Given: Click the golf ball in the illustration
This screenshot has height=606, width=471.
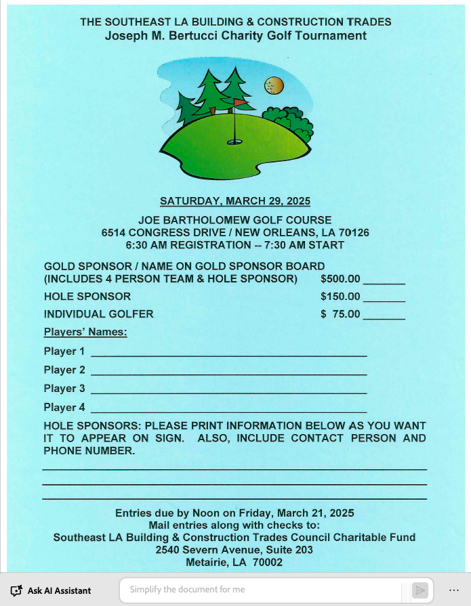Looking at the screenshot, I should tap(273, 86).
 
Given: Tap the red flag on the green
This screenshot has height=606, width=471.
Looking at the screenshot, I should tap(240, 103).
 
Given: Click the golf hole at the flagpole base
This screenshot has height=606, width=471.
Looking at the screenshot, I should tap(234, 142).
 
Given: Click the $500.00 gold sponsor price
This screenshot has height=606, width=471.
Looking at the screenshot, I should tap(340, 278).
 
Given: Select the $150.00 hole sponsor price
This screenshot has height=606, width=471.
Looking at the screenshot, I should tap(340, 297).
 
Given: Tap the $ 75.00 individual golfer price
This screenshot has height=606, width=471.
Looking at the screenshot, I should tap(340, 314).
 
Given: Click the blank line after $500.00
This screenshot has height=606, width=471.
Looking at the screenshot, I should tap(384, 282).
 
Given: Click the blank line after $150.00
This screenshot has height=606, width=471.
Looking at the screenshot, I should tap(384, 300).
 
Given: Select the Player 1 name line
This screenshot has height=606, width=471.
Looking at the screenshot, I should tap(228, 355).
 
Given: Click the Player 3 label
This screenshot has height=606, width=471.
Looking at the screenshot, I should tap(64, 389).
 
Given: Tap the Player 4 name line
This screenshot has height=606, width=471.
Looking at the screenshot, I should tap(228, 411).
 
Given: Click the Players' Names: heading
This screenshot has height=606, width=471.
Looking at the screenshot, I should tap(85, 332).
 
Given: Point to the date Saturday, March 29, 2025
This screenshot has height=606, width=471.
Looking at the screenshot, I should tap(235, 201).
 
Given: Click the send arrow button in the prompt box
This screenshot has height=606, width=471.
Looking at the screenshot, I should tap(420, 590).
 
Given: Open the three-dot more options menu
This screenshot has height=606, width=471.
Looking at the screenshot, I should tap(454, 590).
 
